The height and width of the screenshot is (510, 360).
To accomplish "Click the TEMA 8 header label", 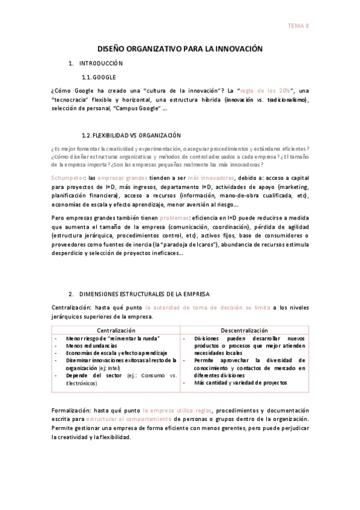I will pyautogui.click(x=298, y=26).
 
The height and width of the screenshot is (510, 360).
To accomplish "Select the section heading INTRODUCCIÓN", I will pyautogui.click(x=101, y=63).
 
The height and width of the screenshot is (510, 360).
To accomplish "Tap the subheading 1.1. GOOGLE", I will pyautogui.click(x=99, y=78).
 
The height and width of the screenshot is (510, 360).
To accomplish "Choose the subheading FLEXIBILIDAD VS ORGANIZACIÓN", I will pyautogui.click(x=131, y=135).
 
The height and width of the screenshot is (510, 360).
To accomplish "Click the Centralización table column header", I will pyautogui.click(x=116, y=330).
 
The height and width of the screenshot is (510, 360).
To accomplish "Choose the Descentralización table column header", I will pyautogui.click(x=244, y=330).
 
